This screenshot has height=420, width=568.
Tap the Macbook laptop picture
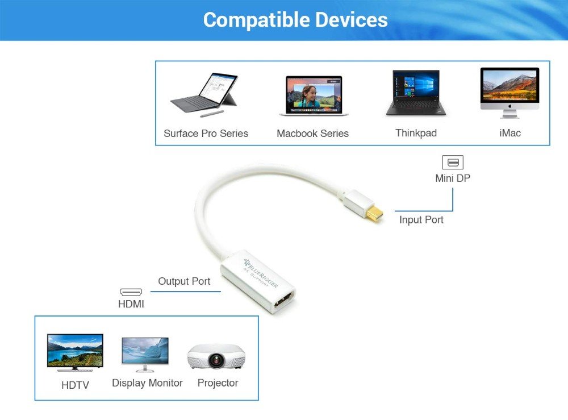pyautogui.click(x=314, y=95)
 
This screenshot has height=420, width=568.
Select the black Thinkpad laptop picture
pyautogui.click(x=416, y=93)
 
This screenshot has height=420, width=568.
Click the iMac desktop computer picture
pyautogui.click(x=509, y=93)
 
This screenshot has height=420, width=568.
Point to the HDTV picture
pyautogui.click(x=75, y=352)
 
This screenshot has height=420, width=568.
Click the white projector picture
pyautogui.click(x=216, y=356)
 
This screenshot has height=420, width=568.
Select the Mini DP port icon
pyautogui.click(x=453, y=163)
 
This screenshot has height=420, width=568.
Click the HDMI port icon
pyautogui.click(x=131, y=292)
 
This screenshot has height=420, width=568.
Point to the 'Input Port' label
pyautogui.click(x=421, y=220)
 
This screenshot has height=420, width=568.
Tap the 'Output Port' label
pyautogui.click(x=184, y=281)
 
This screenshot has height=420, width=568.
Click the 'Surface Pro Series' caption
pyautogui.click(x=206, y=134)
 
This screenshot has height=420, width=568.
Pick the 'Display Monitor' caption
pyautogui.click(x=147, y=383)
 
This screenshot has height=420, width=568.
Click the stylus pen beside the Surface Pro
pyautogui.click(x=212, y=114)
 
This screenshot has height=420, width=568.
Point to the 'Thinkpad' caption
pyautogui.click(x=416, y=134)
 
